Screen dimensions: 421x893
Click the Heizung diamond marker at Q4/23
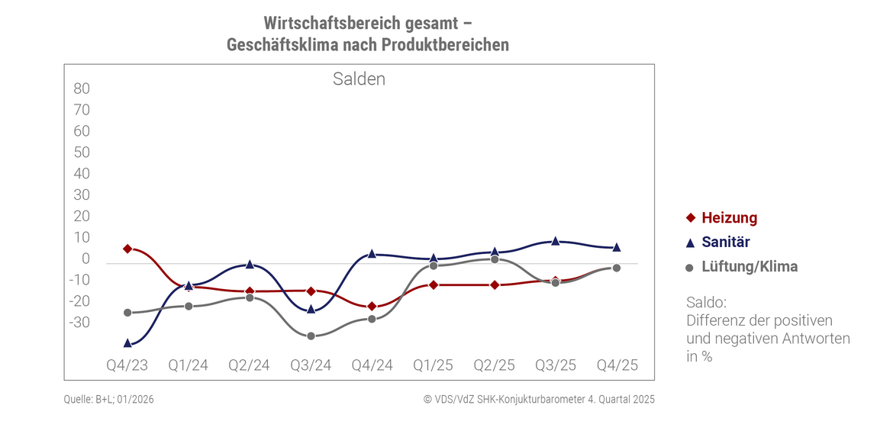click(x=127, y=249)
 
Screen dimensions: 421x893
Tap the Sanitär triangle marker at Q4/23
click(x=127, y=343)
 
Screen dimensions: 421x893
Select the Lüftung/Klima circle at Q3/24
click(x=311, y=336)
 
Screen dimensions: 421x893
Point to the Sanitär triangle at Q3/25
click(x=556, y=241)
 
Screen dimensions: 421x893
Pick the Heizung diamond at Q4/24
click(x=372, y=307)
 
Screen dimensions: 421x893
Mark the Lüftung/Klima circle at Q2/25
click(x=495, y=259)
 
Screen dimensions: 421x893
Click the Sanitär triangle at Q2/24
click(x=250, y=264)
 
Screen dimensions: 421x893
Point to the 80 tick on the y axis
click(x=82, y=88)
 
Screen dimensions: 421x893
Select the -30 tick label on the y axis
click(x=79, y=323)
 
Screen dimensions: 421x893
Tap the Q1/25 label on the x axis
click(x=434, y=365)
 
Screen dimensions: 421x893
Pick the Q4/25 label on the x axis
click(x=617, y=365)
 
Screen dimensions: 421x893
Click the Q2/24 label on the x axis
click(x=250, y=365)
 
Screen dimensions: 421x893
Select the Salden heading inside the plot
click(x=359, y=79)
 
